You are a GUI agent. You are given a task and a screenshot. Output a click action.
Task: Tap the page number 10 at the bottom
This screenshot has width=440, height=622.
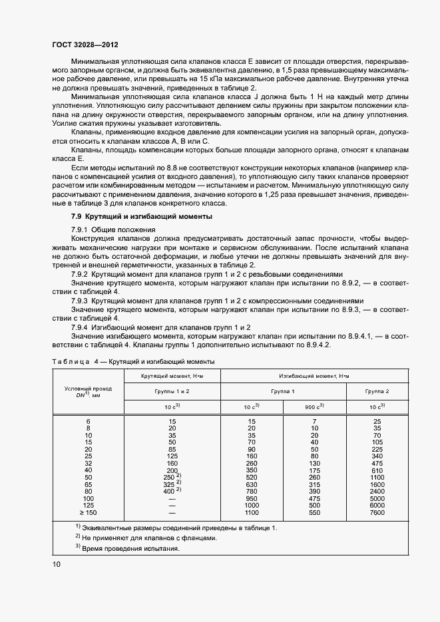(x=57, y=564)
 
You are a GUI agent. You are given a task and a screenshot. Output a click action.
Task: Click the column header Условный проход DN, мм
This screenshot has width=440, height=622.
(x=89, y=392)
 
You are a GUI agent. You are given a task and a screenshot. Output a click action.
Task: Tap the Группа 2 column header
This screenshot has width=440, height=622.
(x=378, y=392)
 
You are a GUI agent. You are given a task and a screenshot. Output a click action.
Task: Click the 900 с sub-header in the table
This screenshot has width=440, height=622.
(x=314, y=406)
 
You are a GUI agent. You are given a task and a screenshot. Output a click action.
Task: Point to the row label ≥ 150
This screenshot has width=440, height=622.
(x=88, y=513)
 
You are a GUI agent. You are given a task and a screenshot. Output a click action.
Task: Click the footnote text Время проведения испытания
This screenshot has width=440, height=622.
(x=130, y=549)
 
